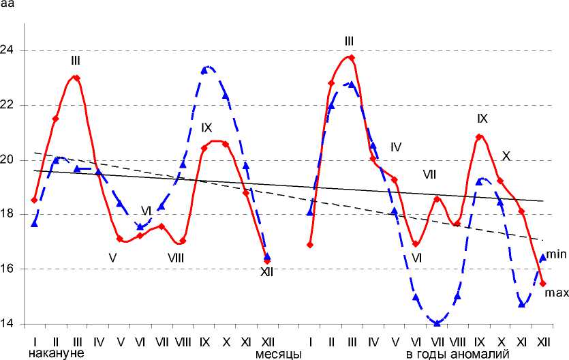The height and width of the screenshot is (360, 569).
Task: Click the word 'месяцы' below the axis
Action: click(279, 353)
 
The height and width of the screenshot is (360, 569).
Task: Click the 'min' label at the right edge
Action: click(556, 253)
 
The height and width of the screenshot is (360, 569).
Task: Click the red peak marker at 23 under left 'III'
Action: click(76, 78)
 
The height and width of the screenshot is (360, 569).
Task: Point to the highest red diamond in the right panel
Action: click(352, 57)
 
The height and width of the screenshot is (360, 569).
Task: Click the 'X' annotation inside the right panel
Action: click(506, 155)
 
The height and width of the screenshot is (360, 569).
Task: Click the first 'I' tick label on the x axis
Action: click(33, 340)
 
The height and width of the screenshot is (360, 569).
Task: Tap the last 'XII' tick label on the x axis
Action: click(543, 340)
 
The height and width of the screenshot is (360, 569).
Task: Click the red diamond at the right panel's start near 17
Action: click(310, 244)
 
